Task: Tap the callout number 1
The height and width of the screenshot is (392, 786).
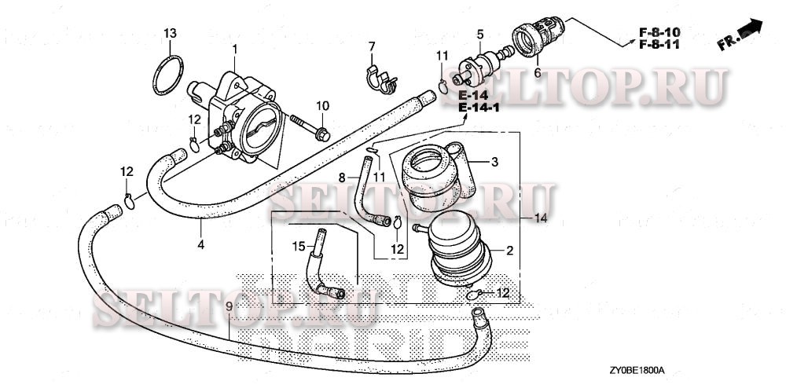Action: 234,49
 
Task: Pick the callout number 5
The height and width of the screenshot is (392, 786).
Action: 478,34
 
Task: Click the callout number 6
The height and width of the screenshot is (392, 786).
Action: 538,71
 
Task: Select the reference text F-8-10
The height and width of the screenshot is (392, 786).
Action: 659,31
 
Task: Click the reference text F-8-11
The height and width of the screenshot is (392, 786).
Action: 659,45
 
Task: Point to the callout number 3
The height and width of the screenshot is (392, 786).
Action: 495,163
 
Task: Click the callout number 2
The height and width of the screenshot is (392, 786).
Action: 509,251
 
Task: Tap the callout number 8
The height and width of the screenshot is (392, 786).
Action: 343,178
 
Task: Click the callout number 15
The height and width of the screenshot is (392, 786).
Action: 298,246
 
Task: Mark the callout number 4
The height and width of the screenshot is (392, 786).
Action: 200,244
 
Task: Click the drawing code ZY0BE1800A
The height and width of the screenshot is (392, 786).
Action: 637,369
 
